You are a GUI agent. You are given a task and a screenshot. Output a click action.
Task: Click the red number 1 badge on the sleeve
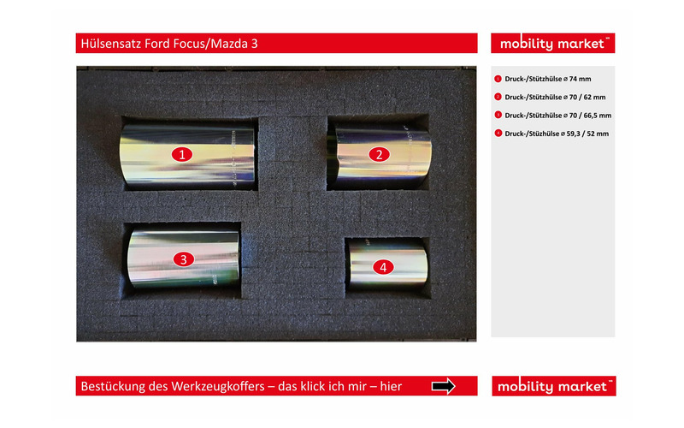[182, 154]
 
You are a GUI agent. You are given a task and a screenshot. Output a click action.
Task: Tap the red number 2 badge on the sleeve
[379, 154]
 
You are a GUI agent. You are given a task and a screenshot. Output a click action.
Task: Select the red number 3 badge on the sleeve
[184, 259]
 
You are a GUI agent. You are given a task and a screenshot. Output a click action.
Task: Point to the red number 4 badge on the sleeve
[383, 267]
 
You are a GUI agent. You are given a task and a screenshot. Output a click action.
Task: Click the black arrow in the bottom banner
[443, 386]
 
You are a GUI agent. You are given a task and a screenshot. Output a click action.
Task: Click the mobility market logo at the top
[552, 44]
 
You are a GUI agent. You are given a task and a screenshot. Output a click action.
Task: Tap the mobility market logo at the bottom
[553, 386]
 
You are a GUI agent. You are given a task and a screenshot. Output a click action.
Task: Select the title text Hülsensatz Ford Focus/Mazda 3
[169, 44]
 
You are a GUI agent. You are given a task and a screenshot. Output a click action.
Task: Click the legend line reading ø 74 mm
[548, 79]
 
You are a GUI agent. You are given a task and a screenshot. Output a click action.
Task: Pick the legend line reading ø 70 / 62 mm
[555, 98]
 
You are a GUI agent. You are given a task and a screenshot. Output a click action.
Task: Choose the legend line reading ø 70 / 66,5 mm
[558, 116]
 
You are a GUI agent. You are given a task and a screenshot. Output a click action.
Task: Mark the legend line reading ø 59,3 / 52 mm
[557, 134]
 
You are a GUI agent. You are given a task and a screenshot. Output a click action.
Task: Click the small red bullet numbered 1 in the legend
[498, 79]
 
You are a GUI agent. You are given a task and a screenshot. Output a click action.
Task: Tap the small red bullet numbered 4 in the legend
[498, 134]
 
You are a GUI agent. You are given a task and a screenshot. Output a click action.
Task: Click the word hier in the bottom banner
[391, 387]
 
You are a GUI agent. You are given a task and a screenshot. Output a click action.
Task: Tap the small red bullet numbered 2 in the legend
[498, 97]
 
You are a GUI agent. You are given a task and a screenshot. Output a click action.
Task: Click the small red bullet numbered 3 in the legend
[498, 115]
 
